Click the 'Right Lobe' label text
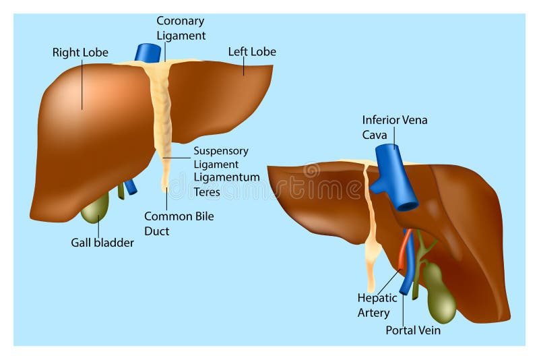coord(80,52)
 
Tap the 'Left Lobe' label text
coord(252,51)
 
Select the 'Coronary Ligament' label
coord(181,28)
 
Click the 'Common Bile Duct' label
coord(179,224)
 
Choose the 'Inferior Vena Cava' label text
coord(394,127)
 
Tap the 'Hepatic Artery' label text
coord(374,305)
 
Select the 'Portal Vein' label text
coord(412,330)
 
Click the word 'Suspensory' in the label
coord(220,151)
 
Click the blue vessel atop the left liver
coord(148,53)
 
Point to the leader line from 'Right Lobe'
coord(83,84)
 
